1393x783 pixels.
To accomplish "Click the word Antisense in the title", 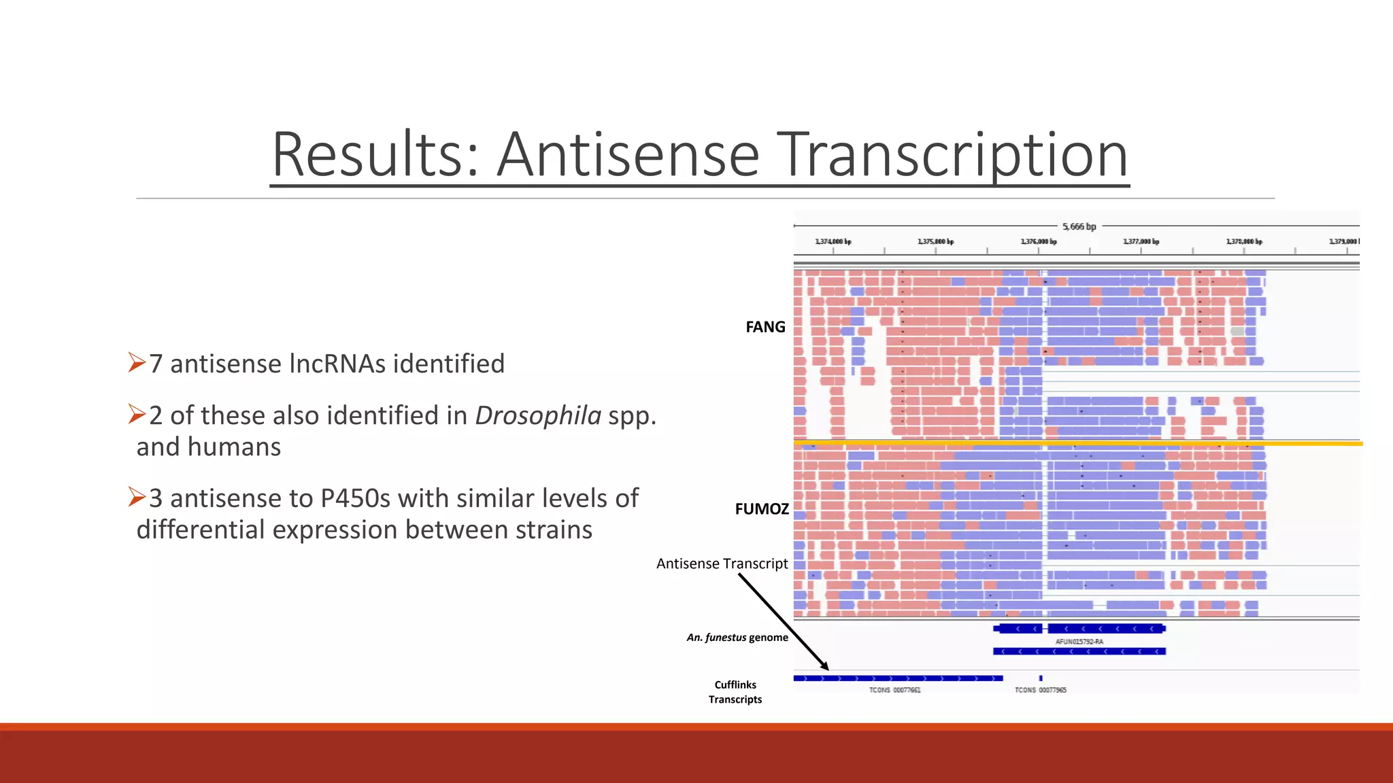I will (x=627, y=155).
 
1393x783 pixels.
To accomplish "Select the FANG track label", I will (x=765, y=327).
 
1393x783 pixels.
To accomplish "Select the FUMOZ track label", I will (x=762, y=509).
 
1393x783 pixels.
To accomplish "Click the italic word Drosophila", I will (x=537, y=415).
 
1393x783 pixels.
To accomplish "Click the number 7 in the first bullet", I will (x=156, y=364).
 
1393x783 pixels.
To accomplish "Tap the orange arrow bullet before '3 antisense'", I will (x=137, y=498).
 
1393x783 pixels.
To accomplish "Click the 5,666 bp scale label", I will (x=1079, y=226).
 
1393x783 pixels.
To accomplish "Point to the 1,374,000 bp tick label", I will (x=833, y=242).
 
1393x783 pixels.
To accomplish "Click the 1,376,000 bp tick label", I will (x=1038, y=242).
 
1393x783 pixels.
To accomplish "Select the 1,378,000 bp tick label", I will (x=1243, y=242).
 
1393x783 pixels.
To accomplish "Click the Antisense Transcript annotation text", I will (x=722, y=563).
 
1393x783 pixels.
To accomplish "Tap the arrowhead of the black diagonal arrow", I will (x=826, y=667).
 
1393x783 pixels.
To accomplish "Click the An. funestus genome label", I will (x=737, y=638).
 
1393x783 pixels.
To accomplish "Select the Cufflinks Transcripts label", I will (x=735, y=692).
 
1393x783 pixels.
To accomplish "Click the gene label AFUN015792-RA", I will (x=1079, y=642).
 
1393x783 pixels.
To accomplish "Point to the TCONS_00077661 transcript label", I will (x=894, y=690).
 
